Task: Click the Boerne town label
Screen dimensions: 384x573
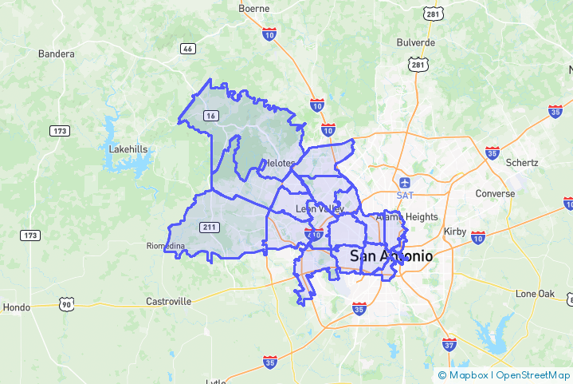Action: [x=255, y=10]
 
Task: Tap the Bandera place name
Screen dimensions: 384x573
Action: [x=56, y=54]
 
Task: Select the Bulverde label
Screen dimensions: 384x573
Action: [x=415, y=42]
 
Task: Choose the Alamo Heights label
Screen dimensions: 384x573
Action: [x=406, y=216]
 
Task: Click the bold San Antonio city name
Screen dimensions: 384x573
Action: [x=391, y=256]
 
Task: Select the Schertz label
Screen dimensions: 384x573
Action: [x=522, y=162]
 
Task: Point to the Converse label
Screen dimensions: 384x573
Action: [x=495, y=194]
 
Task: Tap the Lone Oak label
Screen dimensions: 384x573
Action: [x=535, y=294]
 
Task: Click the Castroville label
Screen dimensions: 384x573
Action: [x=169, y=301]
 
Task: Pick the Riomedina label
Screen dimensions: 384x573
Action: [x=166, y=245]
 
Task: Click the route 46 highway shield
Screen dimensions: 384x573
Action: [x=188, y=49]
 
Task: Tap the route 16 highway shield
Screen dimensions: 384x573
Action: [x=210, y=116]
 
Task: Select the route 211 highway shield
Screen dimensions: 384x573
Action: [x=210, y=228]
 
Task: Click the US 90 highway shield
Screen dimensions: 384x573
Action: [x=67, y=304]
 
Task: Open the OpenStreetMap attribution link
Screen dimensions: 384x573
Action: [x=533, y=375]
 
